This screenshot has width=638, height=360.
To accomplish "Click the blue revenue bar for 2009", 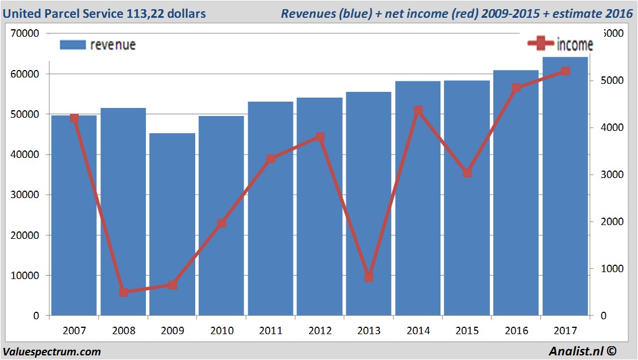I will tap(172, 224).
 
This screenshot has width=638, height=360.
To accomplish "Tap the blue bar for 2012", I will tap(319, 207).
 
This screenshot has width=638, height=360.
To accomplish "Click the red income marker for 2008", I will tap(123, 292).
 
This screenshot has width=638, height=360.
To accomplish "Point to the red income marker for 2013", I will tap(369, 277).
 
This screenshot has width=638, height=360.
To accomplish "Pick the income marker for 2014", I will tap(418, 110).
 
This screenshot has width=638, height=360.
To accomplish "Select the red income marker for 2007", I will tap(74, 118).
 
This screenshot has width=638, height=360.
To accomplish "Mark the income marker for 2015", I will tap(467, 173).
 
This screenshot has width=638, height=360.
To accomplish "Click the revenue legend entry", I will tap(98, 45).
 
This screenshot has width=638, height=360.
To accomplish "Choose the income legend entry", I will tap(560, 44).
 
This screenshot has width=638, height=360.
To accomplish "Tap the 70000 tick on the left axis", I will tap(25, 34).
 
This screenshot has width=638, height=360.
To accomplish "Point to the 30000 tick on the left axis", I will tap(25, 195).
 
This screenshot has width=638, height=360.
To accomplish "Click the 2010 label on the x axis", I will tap(222, 331).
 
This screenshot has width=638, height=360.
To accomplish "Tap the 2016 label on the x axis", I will tap(516, 331).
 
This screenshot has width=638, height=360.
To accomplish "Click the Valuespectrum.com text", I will tap(52, 351).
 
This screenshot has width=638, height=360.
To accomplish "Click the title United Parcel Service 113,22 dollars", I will tap(105, 13).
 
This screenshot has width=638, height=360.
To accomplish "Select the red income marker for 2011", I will tap(271, 158).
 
